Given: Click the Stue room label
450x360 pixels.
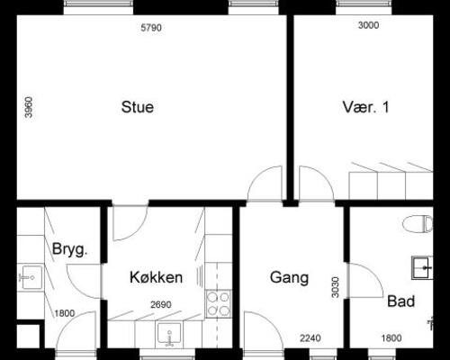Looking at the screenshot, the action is coord(138,107).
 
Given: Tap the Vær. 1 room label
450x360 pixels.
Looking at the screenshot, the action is coord(365,107).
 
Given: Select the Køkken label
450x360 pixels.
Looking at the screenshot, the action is coord(156,277).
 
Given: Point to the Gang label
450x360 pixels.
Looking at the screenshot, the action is coord(289,277).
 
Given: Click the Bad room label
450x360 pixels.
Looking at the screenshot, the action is coord(401,301).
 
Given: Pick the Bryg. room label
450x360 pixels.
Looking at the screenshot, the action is coord(69,249).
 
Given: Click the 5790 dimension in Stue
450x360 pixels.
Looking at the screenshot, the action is coord(151,28).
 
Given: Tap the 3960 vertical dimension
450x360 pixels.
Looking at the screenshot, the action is coord(29,107).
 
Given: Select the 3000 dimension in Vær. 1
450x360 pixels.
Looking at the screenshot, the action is coord(368,25).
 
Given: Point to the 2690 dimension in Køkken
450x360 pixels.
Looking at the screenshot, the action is coord(161,304).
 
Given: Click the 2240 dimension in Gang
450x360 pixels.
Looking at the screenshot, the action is coord(310,338).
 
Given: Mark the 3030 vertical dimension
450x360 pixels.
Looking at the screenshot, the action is coord(336,287).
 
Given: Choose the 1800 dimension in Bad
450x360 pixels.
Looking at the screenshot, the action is coord(391,338).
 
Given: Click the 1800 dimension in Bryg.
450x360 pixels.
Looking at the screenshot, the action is coord(65,313).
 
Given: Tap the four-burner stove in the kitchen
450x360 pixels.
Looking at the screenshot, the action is coord(219,303).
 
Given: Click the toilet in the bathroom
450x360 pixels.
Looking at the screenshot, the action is coord(418,224).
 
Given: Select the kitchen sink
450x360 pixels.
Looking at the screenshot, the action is coord(169,334).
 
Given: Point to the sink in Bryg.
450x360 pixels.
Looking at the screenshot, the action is coord(30,277).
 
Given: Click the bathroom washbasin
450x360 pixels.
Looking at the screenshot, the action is coord(422,267).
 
